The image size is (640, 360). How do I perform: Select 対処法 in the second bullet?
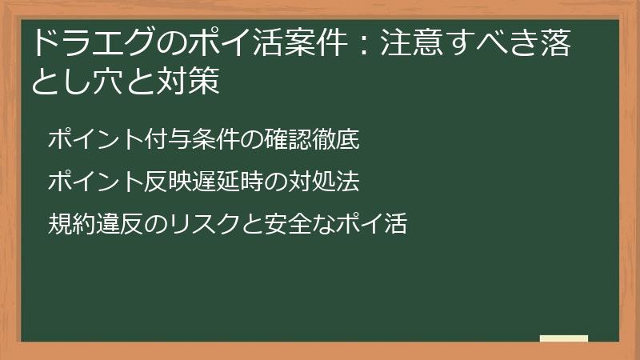324,182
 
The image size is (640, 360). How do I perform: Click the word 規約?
69,224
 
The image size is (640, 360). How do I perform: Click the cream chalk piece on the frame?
564,338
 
